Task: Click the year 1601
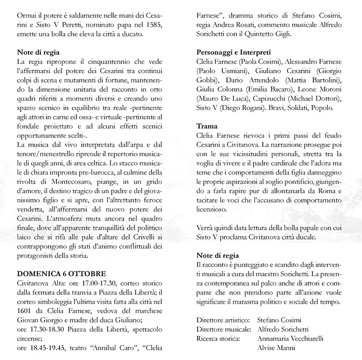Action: (25, 311)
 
